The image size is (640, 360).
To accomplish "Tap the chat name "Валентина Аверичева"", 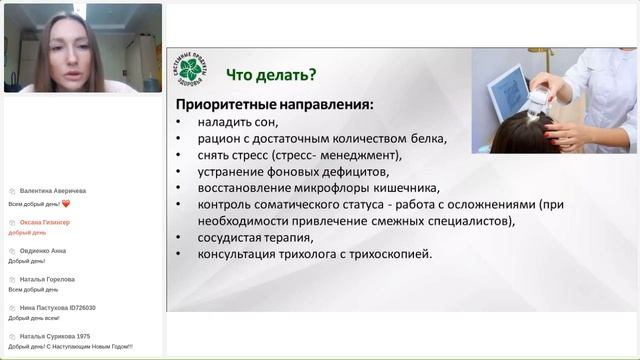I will (x=52, y=190).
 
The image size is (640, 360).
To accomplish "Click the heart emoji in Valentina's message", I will (x=66, y=203).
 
